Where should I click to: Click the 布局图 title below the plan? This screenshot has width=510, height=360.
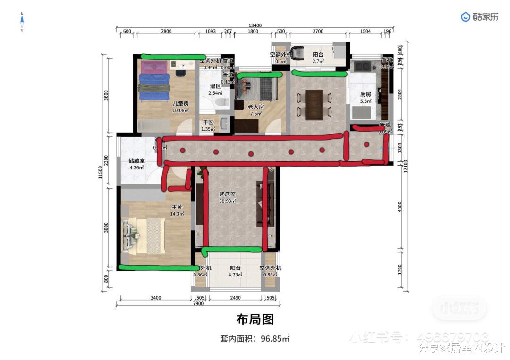(255, 319)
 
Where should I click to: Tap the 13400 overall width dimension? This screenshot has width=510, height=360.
(255, 25)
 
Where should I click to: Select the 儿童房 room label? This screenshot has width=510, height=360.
(180, 104)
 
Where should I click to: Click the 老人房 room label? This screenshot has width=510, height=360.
(256, 107)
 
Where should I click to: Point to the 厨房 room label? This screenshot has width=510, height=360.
(365, 94)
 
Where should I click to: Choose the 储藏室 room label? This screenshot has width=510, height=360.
(137, 161)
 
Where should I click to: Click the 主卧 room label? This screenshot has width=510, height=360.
(177, 207)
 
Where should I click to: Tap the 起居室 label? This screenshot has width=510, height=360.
(227, 194)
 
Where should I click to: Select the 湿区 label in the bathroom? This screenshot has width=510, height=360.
(216, 86)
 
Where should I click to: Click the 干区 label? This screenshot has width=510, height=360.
(208, 122)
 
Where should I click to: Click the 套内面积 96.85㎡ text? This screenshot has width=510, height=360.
(255, 338)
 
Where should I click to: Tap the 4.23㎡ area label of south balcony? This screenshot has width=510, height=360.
(236, 275)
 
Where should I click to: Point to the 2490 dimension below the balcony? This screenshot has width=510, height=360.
(236, 298)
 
